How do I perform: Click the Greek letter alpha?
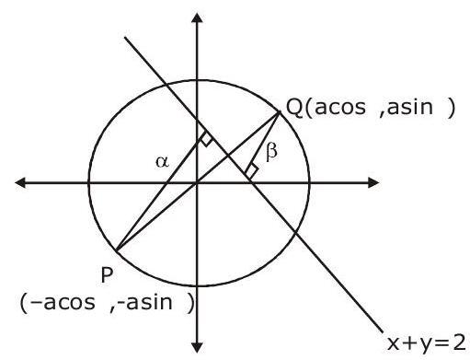pyautogui.click(x=162, y=161)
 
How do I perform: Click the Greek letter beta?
pyautogui.click(x=271, y=152)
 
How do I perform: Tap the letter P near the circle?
pyautogui.click(x=107, y=274)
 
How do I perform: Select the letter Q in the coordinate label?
pyautogui.click(x=294, y=108)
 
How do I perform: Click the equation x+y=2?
pyautogui.click(x=427, y=343)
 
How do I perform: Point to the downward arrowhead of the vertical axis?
pyautogui.click(x=197, y=348)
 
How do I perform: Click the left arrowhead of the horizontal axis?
pyautogui.click(x=20, y=183)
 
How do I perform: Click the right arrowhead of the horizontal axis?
pyautogui.click(x=373, y=183)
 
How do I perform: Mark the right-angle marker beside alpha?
pyautogui.click(x=206, y=140)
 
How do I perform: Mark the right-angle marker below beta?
pyautogui.click(x=252, y=170)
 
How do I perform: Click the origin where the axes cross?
pyautogui.click(x=197, y=183)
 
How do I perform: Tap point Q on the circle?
pyautogui.click(x=280, y=112)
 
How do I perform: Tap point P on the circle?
pyautogui.click(x=117, y=250)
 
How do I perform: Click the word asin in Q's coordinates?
pyautogui.click(x=410, y=107)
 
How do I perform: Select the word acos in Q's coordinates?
pyautogui.click(x=340, y=107)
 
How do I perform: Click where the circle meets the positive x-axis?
pyautogui.click(x=309, y=183)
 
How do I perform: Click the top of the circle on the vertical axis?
pyautogui.click(x=197, y=80)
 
